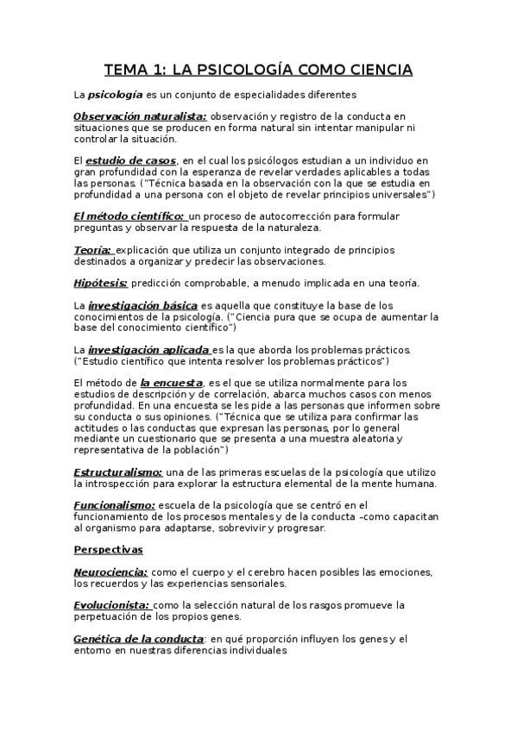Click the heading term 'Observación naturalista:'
coord(140,116)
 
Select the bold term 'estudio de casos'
coord(132,161)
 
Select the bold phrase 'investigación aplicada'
coord(149,349)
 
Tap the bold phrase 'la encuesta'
coord(172,383)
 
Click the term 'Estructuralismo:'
coord(118,472)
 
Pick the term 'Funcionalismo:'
coord(115,505)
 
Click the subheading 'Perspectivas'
coord(109,549)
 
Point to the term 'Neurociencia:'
coord(111,572)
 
